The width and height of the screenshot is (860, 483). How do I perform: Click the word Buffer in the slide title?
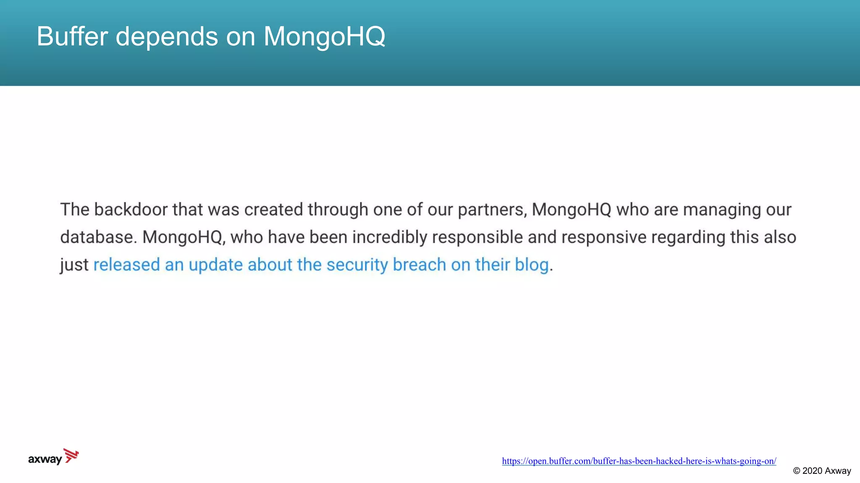click(72, 36)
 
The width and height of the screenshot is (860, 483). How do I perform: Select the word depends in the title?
click(167, 36)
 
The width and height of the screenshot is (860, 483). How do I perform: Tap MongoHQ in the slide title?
click(324, 36)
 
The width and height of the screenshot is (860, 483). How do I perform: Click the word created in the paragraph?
click(273, 210)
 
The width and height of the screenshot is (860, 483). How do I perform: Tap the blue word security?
click(357, 265)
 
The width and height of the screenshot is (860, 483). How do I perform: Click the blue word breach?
click(419, 265)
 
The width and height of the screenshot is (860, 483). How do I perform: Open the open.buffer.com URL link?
click(639, 461)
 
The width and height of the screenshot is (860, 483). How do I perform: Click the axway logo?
click(53, 457)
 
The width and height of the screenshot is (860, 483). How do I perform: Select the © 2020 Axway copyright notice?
click(822, 471)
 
